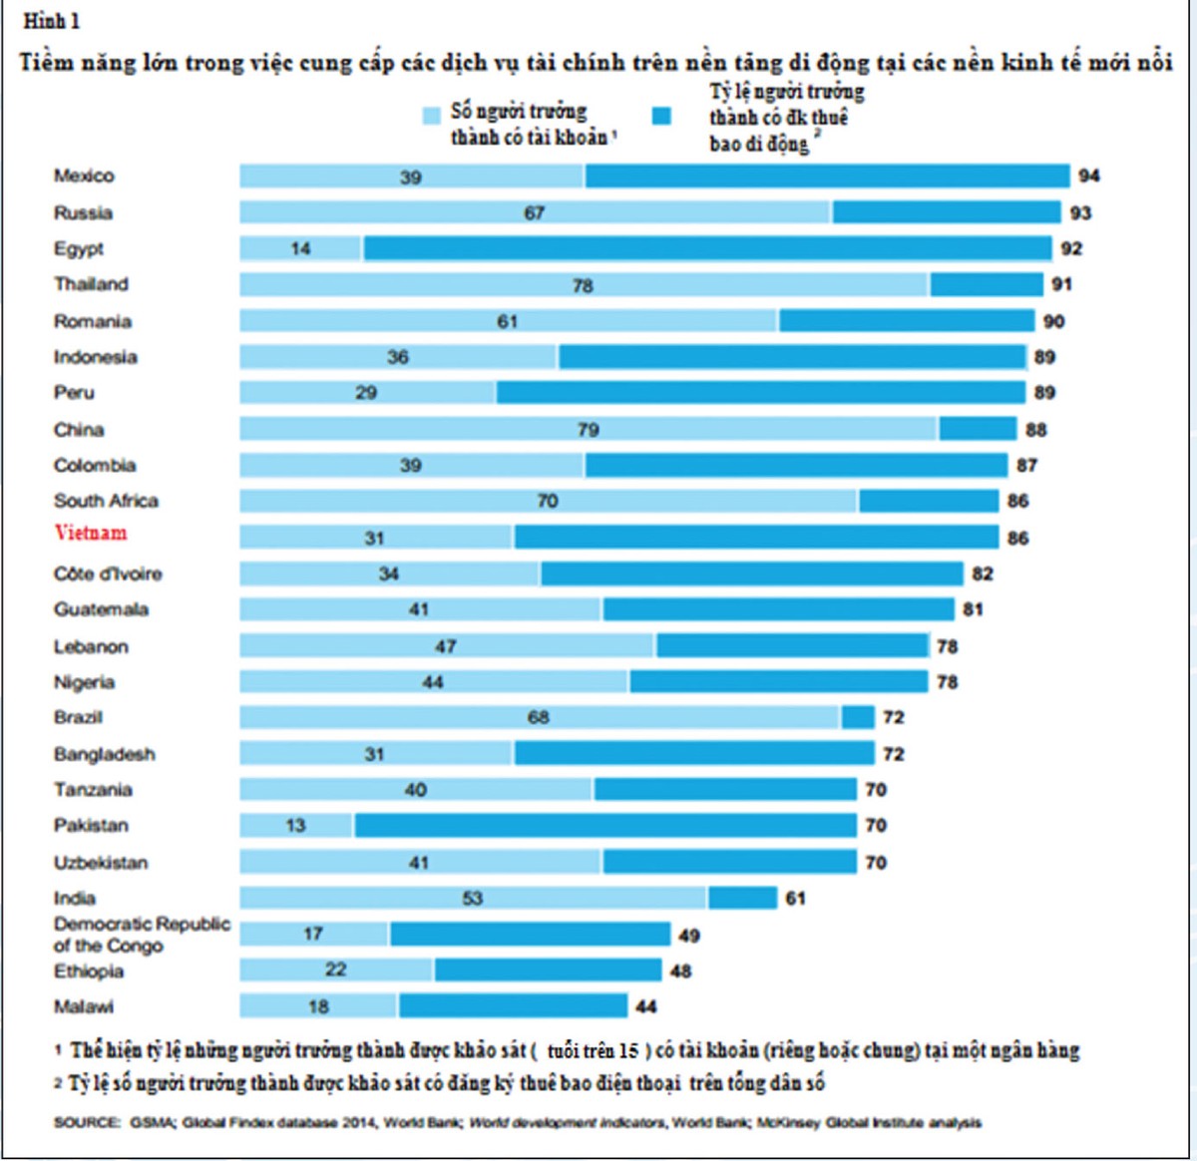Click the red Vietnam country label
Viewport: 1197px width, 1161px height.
[x=91, y=533]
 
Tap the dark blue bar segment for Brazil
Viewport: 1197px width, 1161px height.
[x=858, y=717]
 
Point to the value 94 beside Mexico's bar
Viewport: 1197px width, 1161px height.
[x=1088, y=176]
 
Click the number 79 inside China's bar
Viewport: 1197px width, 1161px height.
[x=588, y=429]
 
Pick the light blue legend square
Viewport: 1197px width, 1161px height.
[x=431, y=115]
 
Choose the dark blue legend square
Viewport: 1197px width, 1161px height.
[x=660, y=116]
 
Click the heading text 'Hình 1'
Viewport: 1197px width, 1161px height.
[x=51, y=21]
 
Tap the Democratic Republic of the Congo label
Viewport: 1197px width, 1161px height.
[x=141, y=935]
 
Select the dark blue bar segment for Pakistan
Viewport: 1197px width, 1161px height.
[x=604, y=825]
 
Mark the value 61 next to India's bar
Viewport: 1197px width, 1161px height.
[x=795, y=898]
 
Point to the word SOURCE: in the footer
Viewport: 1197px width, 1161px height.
[x=87, y=1122]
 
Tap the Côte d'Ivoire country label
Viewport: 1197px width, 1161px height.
[x=108, y=574]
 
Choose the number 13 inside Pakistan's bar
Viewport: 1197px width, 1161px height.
[x=295, y=825]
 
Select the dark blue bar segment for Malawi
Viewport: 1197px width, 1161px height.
[x=513, y=1005]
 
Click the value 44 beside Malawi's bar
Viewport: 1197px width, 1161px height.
[x=645, y=1006]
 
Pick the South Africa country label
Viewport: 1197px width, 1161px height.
[x=106, y=501]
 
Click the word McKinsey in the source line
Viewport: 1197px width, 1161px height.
[x=789, y=1122]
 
